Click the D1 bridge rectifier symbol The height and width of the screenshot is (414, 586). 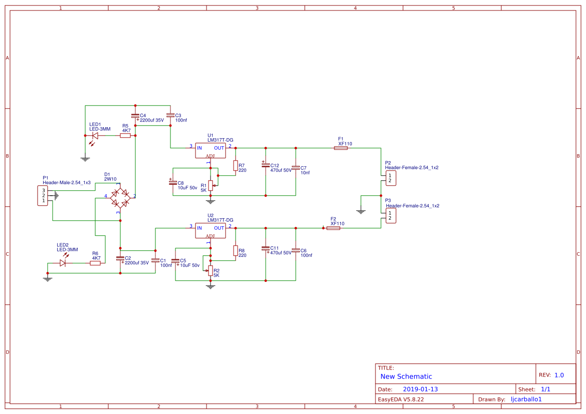click(x=120, y=198)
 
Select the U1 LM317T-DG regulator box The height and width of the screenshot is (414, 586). click(x=211, y=151)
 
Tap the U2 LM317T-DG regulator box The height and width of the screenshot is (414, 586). click(x=211, y=231)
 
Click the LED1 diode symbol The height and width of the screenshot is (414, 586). click(x=94, y=135)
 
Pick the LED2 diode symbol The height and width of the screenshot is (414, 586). click(x=63, y=263)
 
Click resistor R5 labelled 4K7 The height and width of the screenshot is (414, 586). click(x=125, y=135)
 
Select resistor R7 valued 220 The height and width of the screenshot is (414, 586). click(x=235, y=166)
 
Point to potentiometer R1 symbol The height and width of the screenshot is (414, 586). click(x=211, y=186)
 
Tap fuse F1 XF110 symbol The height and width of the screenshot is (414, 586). click(x=341, y=148)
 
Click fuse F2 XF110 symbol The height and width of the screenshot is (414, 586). click(x=333, y=228)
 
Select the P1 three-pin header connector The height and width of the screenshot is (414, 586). click(x=44, y=195)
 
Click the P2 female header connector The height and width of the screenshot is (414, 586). click(x=390, y=178)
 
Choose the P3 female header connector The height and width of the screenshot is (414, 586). click(x=390, y=216)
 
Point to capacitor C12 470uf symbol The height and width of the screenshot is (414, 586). click(x=265, y=165)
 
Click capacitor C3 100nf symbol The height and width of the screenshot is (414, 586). click(x=170, y=115)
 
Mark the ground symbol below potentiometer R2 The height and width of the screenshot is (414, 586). click(x=211, y=286)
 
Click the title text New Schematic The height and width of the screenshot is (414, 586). click(x=406, y=376)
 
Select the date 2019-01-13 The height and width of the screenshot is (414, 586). click(x=420, y=389)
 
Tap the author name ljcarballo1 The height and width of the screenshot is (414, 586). click(x=526, y=399)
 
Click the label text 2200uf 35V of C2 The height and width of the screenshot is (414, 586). click(x=137, y=263)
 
